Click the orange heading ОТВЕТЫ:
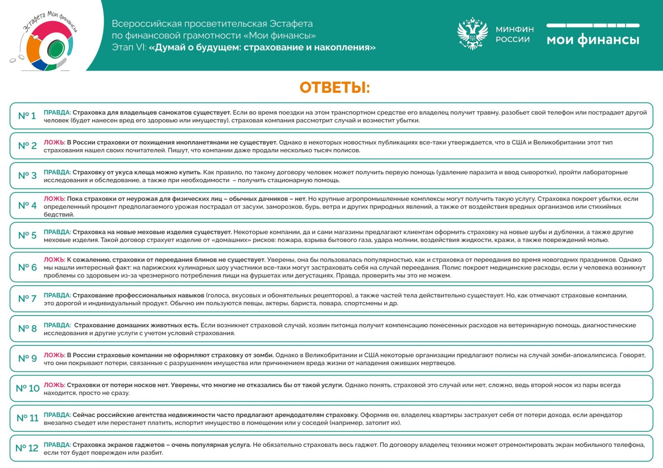(x=334, y=88)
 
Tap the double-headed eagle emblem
(x=472, y=34)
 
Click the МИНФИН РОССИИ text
(x=515, y=34)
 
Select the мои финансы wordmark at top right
(x=593, y=39)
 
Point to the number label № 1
(x=27, y=116)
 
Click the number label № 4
(x=27, y=205)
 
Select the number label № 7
(x=27, y=299)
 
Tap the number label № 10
(x=27, y=388)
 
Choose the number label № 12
(x=27, y=448)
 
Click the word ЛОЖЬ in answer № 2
(x=54, y=142)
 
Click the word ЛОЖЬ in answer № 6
(x=54, y=260)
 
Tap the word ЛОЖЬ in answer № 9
(x=54, y=355)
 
